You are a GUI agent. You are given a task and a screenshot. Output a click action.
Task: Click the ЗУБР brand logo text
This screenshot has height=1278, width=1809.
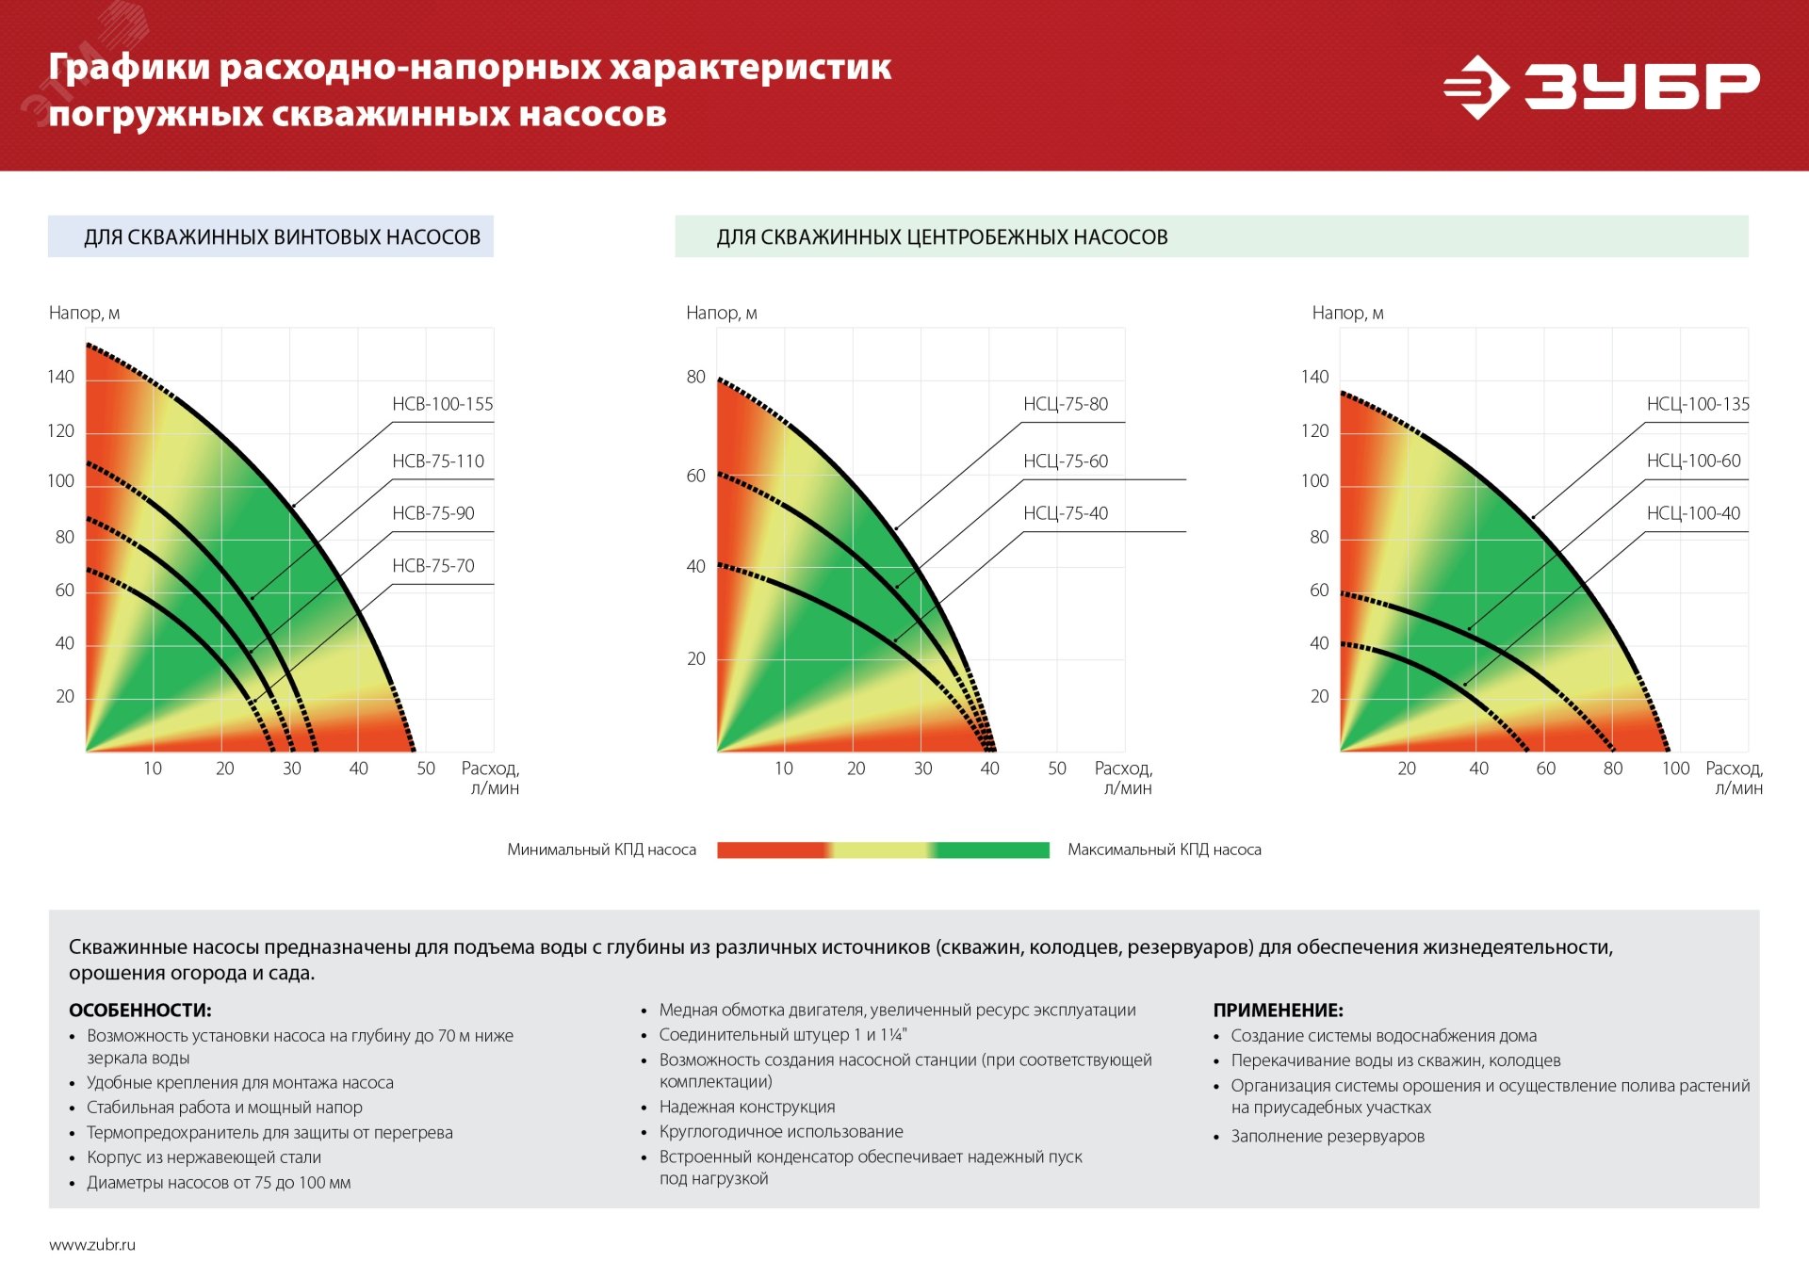click(1640, 87)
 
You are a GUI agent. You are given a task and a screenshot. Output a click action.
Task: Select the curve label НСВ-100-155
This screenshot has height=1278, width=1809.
click(442, 404)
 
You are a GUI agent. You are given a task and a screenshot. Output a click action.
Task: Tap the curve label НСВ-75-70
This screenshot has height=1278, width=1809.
click(432, 566)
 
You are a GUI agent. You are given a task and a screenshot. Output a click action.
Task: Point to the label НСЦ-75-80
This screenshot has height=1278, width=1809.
click(1065, 404)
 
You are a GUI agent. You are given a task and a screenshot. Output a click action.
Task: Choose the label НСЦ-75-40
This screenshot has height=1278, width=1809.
click(1065, 513)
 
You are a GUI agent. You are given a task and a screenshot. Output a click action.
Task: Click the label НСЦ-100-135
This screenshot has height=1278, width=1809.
click(1697, 404)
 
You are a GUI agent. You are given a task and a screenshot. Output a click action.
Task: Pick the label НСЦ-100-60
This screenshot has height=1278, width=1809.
click(1693, 461)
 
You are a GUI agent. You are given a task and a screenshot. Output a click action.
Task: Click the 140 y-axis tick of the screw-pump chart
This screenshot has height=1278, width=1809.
click(60, 377)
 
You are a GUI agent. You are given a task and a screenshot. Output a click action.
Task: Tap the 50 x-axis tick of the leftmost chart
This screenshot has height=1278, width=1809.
click(426, 768)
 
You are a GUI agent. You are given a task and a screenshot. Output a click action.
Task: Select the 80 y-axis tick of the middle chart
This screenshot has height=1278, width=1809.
click(695, 377)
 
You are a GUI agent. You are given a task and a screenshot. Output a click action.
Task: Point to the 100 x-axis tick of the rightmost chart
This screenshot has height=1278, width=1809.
click(1675, 768)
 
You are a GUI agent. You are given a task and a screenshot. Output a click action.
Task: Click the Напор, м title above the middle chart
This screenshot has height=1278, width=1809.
click(721, 313)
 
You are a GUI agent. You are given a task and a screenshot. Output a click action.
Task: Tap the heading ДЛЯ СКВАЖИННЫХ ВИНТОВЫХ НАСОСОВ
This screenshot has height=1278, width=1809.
click(282, 237)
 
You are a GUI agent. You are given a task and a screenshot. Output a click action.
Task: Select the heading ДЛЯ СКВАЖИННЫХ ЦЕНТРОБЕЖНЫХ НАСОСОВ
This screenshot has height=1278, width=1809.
click(941, 237)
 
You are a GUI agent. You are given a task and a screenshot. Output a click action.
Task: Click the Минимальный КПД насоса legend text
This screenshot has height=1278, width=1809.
click(601, 849)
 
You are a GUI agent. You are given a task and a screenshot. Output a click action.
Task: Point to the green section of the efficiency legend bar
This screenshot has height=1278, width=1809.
click(994, 850)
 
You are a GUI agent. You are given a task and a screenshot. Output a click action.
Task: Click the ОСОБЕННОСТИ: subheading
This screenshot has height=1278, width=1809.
click(139, 1010)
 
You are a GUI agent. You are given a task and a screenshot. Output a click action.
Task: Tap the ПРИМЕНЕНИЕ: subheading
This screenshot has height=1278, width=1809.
click(1278, 1010)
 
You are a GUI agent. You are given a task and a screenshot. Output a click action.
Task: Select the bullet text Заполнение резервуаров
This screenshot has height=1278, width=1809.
click(1327, 1136)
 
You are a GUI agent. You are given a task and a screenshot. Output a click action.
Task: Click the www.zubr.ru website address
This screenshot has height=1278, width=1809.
click(92, 1244)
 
